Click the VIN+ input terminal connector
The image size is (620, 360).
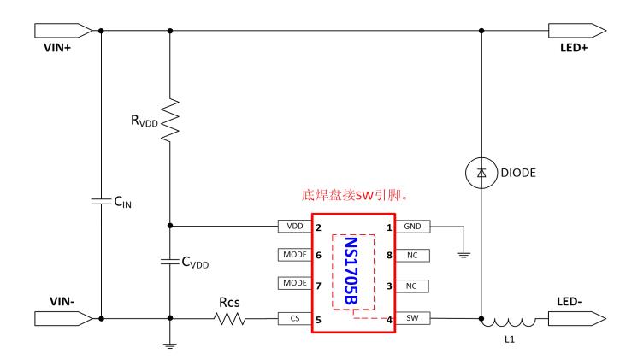62,31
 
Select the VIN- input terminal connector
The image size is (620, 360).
62,320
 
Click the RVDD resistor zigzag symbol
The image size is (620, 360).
170,118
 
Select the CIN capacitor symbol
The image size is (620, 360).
101,202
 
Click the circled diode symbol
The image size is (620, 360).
481,174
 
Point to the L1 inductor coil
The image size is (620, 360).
510,322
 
